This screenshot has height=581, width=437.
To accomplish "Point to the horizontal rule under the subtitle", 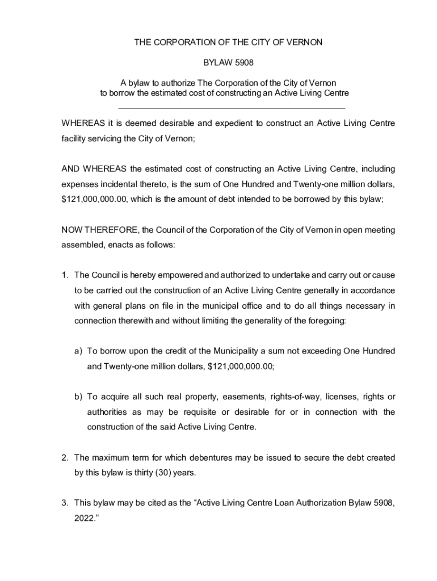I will (232, 108).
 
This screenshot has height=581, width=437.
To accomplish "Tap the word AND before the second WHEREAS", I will (70, 169).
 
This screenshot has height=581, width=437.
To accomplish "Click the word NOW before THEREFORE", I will (71, 230).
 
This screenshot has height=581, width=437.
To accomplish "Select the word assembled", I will (79, 245).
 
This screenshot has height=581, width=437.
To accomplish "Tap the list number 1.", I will (65, 276).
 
